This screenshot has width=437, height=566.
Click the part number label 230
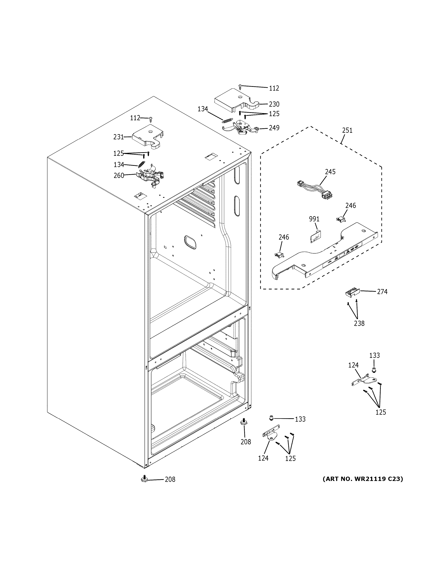coord(274,104)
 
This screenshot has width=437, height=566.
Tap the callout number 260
coord(119,175)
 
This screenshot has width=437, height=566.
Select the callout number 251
coord(347,130)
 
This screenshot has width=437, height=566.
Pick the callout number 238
coord(359,323)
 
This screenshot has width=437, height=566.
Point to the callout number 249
coord(274,128)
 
